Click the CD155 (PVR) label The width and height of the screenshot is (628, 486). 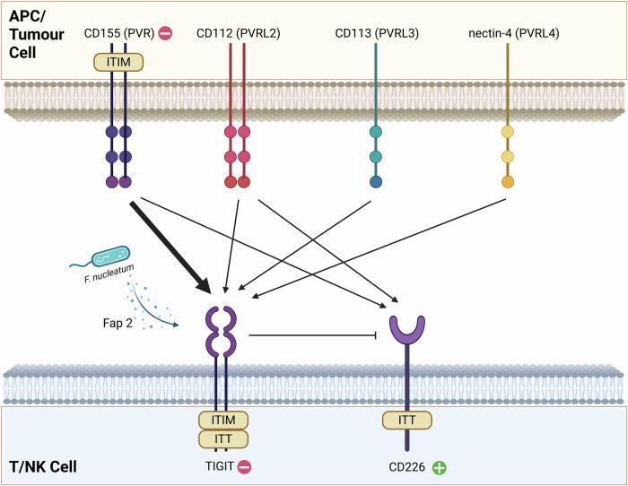pos(111,34)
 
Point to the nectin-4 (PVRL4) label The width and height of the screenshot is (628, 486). pos(508,34)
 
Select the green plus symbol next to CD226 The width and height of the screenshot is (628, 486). pos(440,467)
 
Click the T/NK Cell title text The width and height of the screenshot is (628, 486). pos(42,466)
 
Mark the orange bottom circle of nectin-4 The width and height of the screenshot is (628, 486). pos(508,183)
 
